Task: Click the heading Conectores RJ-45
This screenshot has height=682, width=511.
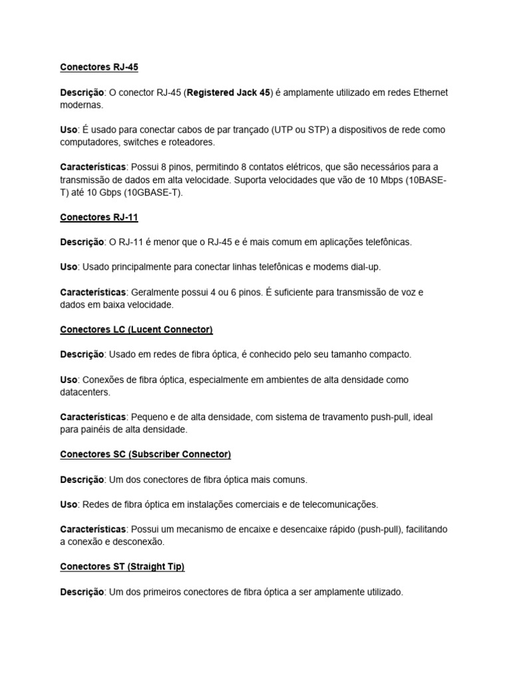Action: click(x=99, y=67)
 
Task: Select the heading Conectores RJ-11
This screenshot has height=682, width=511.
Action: click(x=99, y=217)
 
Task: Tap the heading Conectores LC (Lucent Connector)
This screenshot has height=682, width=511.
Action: click(x=136, y=330)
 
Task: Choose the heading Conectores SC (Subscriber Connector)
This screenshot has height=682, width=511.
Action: click(x=146, y=454)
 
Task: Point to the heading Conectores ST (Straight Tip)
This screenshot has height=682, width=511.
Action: click(x=122, y=567)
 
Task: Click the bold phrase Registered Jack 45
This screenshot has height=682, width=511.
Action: click(x=229, y=93)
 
